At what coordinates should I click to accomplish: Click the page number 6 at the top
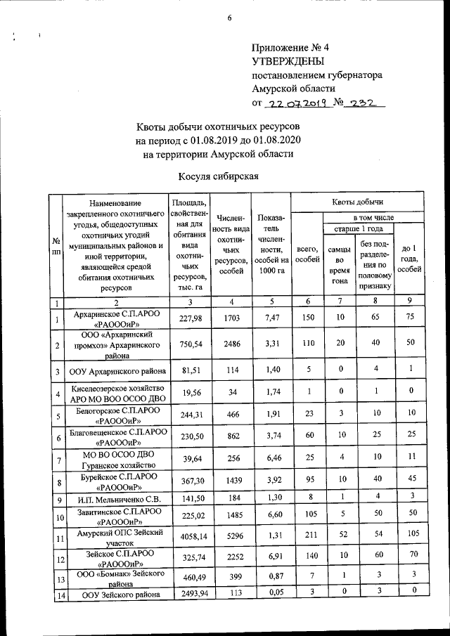point(229,18)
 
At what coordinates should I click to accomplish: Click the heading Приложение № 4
point(290,48)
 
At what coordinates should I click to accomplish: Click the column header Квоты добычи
point(359,202)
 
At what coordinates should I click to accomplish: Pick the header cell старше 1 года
point(358,228)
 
